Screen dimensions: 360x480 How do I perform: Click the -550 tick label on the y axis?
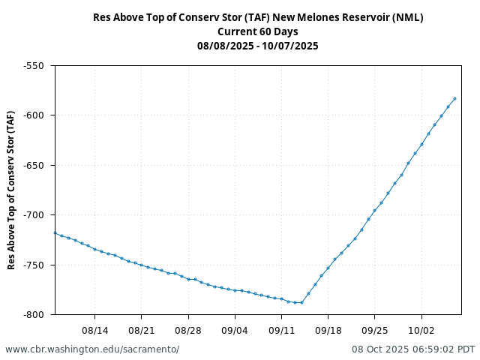click(34, 65)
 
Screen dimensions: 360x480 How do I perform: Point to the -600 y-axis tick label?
click(34, 115)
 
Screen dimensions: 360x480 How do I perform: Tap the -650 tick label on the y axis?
click(34, 165)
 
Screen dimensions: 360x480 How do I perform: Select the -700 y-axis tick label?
click(34, 215)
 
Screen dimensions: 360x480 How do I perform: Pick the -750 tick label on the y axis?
click(34, 265)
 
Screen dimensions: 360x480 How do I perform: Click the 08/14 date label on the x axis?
click(95, 329)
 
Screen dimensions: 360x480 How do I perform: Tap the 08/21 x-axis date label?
click(142, 329)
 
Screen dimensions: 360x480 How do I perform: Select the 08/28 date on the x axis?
click(188, 329)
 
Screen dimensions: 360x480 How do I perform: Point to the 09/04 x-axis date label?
click(235, 329)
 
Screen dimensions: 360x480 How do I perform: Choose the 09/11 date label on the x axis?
click(281, 329)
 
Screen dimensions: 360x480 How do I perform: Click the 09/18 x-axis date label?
click(328, 329)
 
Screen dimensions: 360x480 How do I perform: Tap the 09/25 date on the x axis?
click(374, 329)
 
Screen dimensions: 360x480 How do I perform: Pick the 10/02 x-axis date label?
click(421, 329)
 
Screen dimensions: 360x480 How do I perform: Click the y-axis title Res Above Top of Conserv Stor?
click(11, 190)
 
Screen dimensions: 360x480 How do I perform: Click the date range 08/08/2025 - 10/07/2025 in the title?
click(258, 46)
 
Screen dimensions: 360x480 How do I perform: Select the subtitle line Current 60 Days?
click(258, 31)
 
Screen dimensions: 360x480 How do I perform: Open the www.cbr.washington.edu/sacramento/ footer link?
click(92, 349)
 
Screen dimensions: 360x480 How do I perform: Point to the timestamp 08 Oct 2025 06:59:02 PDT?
click(413, 349)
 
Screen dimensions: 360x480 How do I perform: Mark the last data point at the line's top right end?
click(454, 99)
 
